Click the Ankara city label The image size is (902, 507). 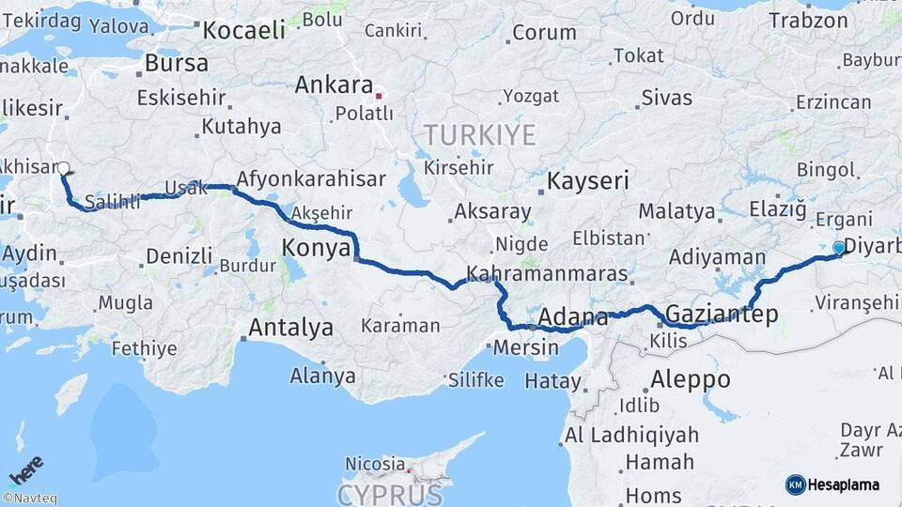tap(334, 85)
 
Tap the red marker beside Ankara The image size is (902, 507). tap(379, 96)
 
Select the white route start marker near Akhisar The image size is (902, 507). tap(63, 169)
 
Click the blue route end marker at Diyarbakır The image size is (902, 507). tap(839, 248)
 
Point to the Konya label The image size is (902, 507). tap(317, 248)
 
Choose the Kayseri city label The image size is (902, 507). tap(588, 180)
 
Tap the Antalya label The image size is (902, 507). tap(290, 328)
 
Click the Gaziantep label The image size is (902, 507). tap(722, 314)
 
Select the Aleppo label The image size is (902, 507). tap(689, 379)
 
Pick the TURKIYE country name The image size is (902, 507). tap(479, 135)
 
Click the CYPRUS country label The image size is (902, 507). tap(390, 494)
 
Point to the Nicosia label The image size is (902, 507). tap(375, 464)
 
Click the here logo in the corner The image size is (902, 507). tap(25, 469)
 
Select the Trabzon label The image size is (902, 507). tap(808, 20)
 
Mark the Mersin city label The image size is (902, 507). tap(525, 347)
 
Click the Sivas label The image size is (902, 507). tap(667, 98)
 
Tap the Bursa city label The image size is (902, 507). tap(177, 64)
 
